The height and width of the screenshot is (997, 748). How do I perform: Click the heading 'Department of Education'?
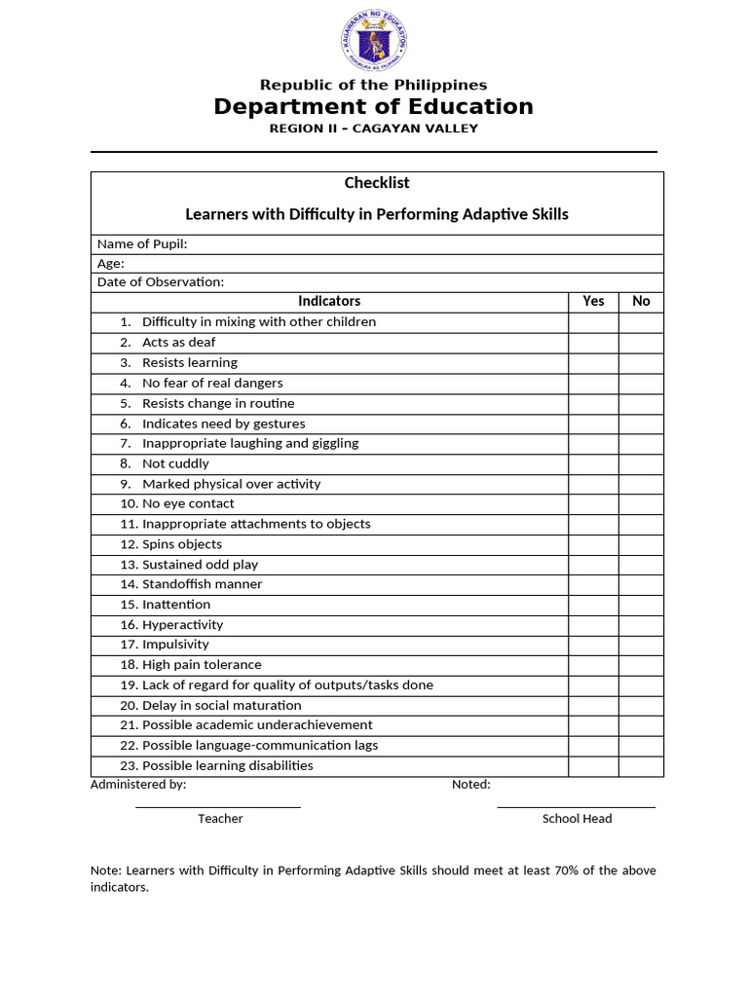(x=374, y=107)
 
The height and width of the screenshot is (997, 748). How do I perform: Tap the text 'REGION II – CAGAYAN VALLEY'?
(x=374, y=129)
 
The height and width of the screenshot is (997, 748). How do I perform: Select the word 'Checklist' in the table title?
(x=377, y=183)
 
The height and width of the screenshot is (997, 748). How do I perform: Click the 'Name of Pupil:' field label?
(x=142, y=244)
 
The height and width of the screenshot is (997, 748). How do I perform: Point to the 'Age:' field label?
(x=111, y=263)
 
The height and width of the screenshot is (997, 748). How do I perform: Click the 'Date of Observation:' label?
(x=161, y=282)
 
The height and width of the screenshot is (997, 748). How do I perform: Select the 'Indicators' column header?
(x=329, y=302)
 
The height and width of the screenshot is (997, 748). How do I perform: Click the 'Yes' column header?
(x=593, y=302)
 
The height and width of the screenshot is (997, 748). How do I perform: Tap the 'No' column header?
(x=641, y=302)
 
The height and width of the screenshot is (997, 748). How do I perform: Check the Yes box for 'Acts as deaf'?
(x=593, y=343)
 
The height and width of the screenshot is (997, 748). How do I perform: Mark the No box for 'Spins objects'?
(x=641, y=544)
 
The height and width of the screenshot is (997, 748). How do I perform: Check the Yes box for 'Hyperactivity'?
(x=593, y=625)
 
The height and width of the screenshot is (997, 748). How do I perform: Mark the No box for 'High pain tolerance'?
(x=641, y=665)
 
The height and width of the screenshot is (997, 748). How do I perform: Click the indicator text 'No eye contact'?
(x=188, y=503)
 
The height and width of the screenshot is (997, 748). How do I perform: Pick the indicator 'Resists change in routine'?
(x=218, y=403)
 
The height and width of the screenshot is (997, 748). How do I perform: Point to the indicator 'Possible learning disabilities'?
(x=228, y=765)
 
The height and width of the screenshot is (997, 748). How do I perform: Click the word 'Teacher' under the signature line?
(x=220, y=819)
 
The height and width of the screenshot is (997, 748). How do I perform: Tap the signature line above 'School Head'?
(x=577, y=807)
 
